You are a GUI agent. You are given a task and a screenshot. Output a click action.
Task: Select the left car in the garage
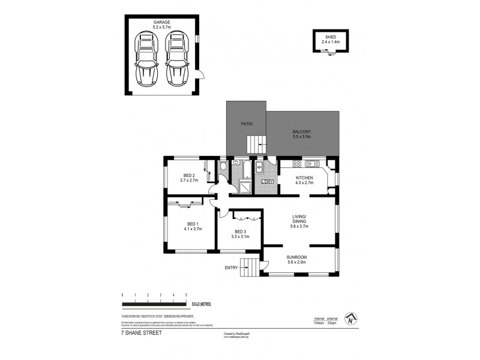[x=147, y=58]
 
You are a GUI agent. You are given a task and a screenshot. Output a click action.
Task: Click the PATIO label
[x=247, y=124]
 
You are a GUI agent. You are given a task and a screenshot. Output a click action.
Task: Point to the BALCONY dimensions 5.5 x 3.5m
[x=302, y=137]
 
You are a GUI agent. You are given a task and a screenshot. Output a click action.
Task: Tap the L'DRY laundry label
[x=268, y=182]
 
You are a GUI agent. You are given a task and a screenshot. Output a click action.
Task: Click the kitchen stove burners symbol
[x=296, y=164]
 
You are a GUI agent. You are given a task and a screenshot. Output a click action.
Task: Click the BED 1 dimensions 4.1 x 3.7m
[x=193, y=229]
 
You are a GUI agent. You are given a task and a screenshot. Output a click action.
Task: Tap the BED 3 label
[x=240, y=232]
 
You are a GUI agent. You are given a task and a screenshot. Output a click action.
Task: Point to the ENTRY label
[x=232, y=268]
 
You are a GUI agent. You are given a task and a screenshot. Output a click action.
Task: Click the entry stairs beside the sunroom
[x=255, y=268]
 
